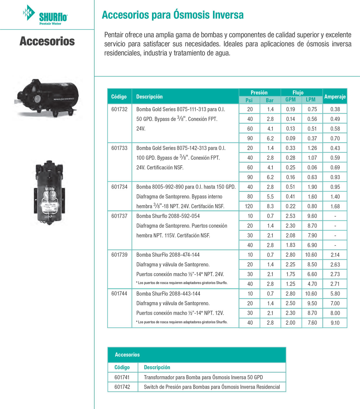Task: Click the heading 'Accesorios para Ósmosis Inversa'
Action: tap(173, 15)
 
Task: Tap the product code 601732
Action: tap(119, 109)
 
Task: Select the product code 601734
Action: tap(119, 187)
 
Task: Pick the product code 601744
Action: tap(119, 293)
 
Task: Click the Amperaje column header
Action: tap(335, 97)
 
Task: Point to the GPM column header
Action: tap(290, 100)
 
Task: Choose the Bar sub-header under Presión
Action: tap(270, 100)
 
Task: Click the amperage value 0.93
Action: tap(335, 177)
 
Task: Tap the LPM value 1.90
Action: tap(312, 187)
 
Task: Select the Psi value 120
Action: tap(249, 206)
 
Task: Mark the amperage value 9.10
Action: tap(335, 323)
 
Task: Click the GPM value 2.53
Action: tap(290, 216)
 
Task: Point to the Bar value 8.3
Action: tap(270, 206)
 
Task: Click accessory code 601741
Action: tap(122, 377)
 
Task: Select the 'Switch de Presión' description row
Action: tap(212, 387)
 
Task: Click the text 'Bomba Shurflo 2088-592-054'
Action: tap(168, 216)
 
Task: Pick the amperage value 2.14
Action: tap(335, 255)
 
